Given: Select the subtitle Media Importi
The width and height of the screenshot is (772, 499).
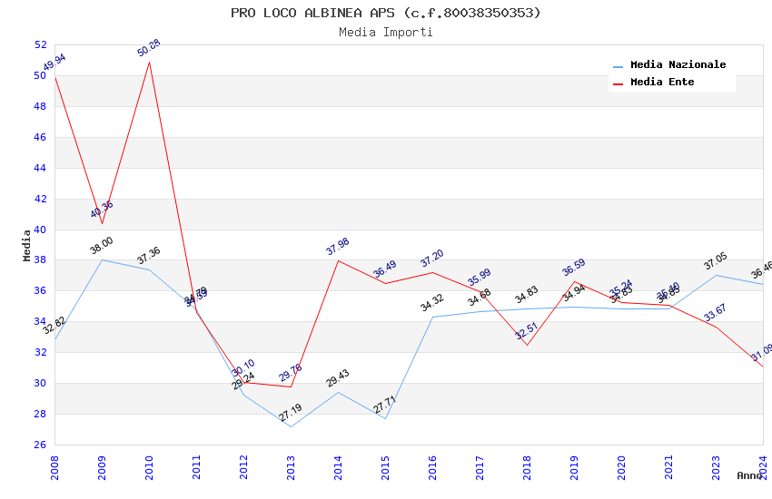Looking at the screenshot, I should (x=385, y=32).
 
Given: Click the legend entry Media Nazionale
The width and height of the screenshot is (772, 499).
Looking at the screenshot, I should (x=678, y=65).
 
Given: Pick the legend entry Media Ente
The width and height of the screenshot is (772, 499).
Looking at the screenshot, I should (x=662, y=83).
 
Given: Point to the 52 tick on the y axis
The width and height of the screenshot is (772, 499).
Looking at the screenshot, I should (x=40, y=45).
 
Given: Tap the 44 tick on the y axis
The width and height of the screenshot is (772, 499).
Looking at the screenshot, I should (x=40, y=168).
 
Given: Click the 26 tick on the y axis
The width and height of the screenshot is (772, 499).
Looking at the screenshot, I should (x=40, y=445).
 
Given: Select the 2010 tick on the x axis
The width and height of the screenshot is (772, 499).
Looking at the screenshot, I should (x=149, y=466).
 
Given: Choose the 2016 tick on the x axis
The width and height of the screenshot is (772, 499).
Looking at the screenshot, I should (x=432, y=466).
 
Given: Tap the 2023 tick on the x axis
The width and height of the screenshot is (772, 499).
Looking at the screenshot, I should (x=716, y=466).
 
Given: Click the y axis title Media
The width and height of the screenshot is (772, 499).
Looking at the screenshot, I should (x=26, y=245).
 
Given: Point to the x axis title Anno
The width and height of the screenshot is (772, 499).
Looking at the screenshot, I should (x=749, y=475).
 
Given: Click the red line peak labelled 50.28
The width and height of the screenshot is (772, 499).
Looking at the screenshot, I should (x=149, y=61).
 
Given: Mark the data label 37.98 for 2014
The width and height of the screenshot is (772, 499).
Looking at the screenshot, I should (x=338, y=247).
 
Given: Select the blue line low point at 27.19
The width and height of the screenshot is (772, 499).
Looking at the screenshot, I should (x=291, y=426).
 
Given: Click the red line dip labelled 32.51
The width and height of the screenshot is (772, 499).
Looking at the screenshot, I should (x=527, y=345).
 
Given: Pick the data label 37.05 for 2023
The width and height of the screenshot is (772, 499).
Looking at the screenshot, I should (x=716, y=262).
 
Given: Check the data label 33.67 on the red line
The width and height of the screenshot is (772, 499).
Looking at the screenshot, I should (x=716, y=313).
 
